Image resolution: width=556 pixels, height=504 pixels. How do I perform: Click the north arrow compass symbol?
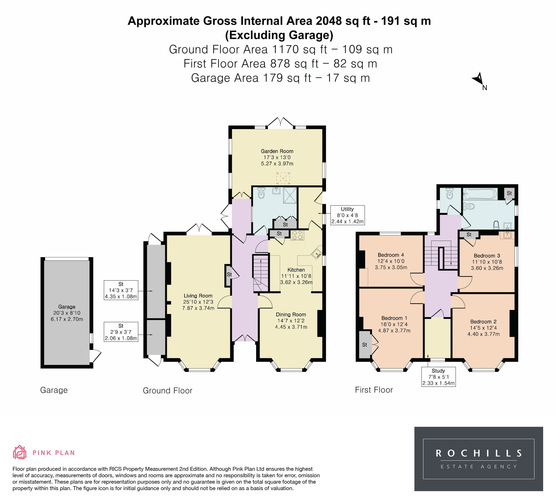[479, 79]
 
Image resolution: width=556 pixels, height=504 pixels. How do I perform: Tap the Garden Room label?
[277, 151]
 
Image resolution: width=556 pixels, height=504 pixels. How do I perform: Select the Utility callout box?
[347, 215]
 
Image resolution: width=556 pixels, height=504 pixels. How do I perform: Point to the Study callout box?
[438, 377]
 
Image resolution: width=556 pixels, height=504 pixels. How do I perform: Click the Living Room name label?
[198, 296]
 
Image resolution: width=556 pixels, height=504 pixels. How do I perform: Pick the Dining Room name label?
[291, 315]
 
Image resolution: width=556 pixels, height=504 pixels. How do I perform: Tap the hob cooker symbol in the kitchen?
[297, 235]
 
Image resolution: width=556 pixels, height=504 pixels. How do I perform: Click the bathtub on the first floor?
[480, 194]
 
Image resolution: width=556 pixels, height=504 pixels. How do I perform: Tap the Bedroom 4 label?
[391, 255]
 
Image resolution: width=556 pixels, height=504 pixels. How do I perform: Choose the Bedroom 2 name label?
[483, 322]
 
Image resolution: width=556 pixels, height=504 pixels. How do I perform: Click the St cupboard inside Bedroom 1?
[365, 344]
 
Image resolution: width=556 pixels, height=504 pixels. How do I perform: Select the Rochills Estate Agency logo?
[479, 459]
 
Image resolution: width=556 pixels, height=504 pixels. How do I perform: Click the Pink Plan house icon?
[20, 453]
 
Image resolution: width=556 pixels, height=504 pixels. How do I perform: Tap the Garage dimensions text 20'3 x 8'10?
[67, 313]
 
